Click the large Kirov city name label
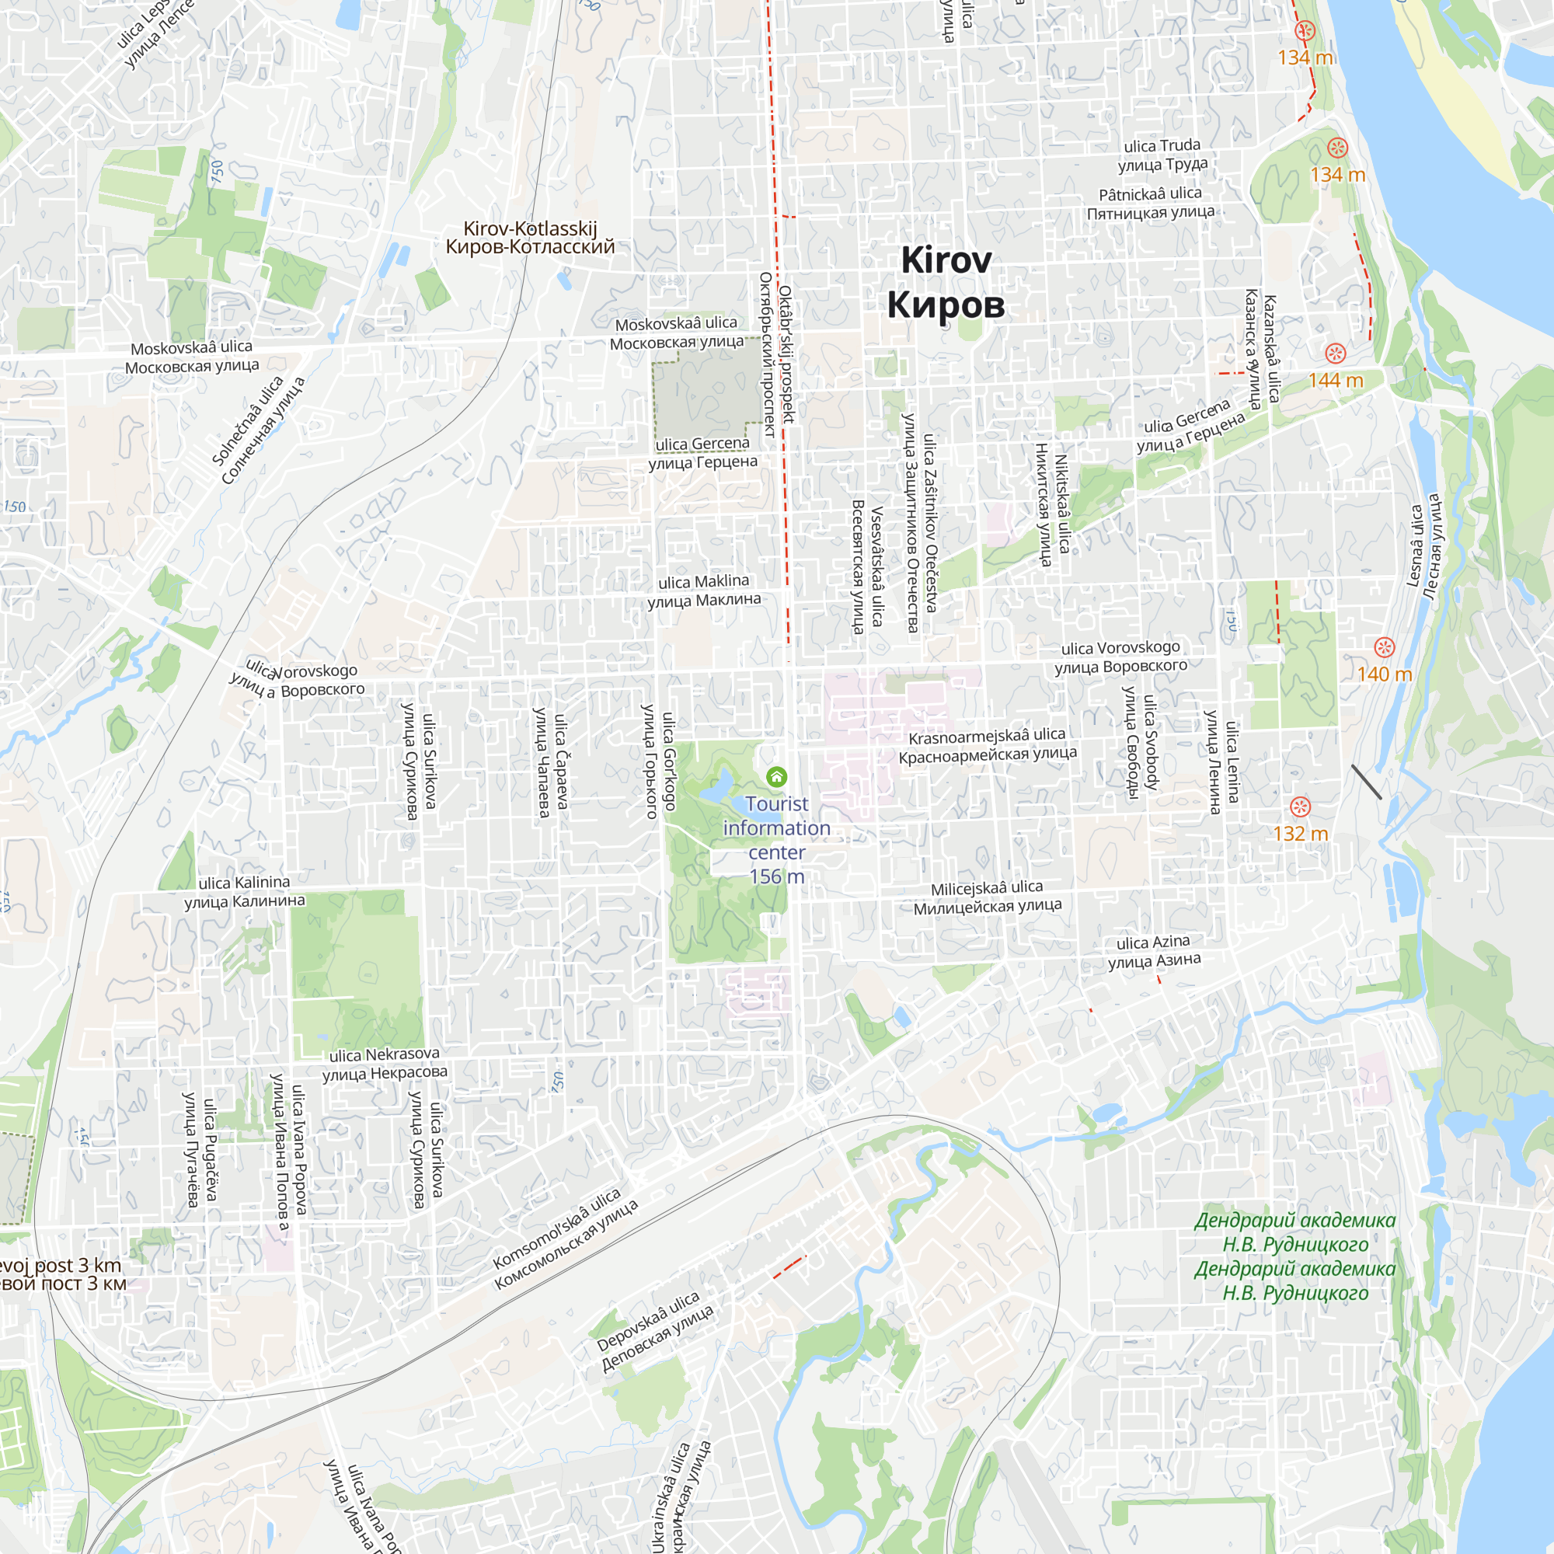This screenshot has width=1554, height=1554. (946, 282)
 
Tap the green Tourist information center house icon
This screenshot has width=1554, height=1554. (776, 776)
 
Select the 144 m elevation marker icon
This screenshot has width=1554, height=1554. (1335, 354)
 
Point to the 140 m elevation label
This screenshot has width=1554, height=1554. (1385, 674)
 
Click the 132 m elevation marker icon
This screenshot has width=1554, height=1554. (1301, 807)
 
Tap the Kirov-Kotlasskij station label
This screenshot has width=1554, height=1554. (530, 238)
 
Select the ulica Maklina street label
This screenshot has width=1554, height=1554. (704, 591)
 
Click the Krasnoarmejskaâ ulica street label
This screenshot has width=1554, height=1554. (987, 745)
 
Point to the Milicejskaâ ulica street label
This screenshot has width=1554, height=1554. (987, 897)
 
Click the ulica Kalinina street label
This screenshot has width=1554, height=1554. (245, 892)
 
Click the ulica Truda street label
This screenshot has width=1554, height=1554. (1162, 155)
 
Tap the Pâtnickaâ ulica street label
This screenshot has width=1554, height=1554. (1150, 203)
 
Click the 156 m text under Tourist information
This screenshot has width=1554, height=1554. (776, 876)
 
